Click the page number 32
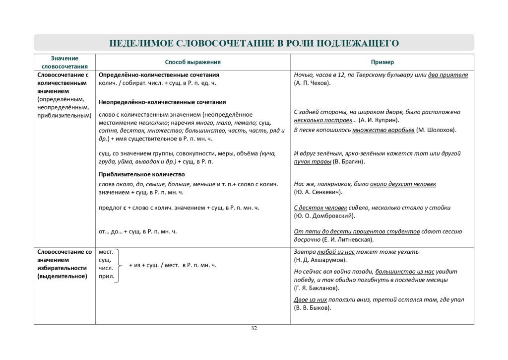tap(254, 328)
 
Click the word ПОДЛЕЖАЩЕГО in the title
tap(357, 43)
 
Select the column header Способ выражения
tap(192, 62)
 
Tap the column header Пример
tap(382, 62)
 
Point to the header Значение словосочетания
tap(64, 62)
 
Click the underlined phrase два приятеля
tap(448, 75)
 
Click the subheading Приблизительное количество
tap(142, 174)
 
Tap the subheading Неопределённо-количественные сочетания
tap(162, 102)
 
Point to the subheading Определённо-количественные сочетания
tap(159, 75)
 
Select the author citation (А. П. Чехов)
tap(312, 83)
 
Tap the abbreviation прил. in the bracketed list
tap(106, 276)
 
